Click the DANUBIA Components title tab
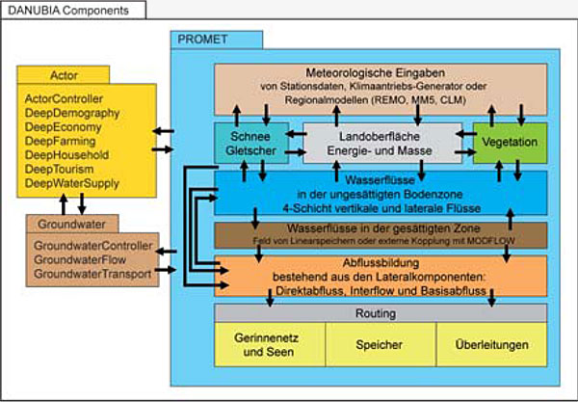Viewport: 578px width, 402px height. click(61, 10)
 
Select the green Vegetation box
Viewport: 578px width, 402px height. click(508, 141)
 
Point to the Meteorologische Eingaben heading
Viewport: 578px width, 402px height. click(380, 72)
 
